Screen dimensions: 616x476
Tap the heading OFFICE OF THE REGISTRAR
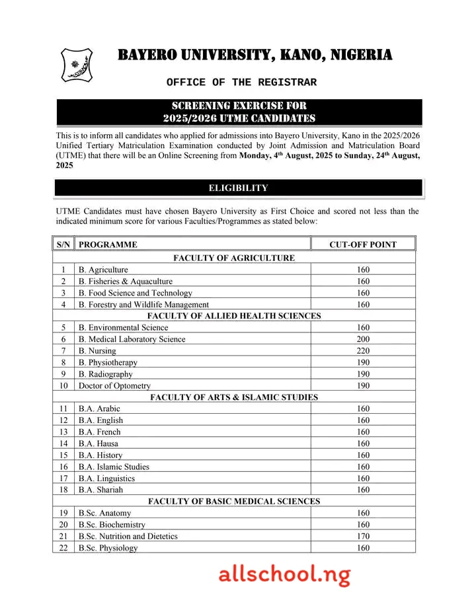tap(241, 83)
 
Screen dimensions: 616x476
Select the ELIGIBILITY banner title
tap(238, 188)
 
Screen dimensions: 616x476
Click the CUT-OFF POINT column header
tap(363, 245)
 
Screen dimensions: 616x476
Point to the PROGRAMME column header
tap(108, 245)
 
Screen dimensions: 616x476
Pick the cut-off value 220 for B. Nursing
tap(363, 351)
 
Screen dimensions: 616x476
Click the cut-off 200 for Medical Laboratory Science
tap(363, 339)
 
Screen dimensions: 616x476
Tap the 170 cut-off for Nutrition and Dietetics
tap(363, 536)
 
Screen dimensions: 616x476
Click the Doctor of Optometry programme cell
tap(114, 385)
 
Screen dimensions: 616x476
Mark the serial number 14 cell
tap(63, 443)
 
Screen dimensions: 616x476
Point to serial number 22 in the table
tap(63, 548)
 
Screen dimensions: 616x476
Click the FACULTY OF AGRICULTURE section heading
tap(234, 258)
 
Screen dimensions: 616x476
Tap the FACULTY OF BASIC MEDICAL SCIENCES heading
tap(234, 502)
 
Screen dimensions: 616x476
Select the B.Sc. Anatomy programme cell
tap(104, 513)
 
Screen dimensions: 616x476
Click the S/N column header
tap(63, 245)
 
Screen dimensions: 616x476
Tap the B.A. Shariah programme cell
tap(100, 490)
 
